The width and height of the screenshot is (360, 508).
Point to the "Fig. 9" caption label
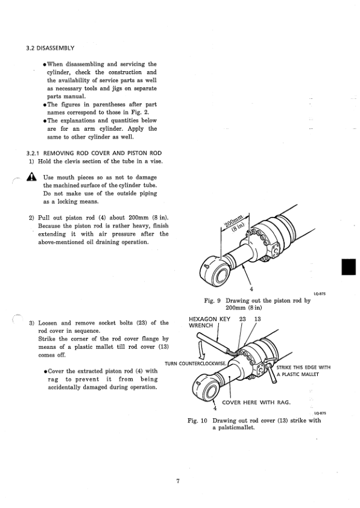pyautogui.click(x=214, y=299)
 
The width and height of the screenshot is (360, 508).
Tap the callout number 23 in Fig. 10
pyautogui.click(x=243, y=318)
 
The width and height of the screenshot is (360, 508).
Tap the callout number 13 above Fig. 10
pyautogui.click(x=257, y=318)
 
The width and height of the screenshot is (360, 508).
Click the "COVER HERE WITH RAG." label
pyautogui.click(x=256, y=402)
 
